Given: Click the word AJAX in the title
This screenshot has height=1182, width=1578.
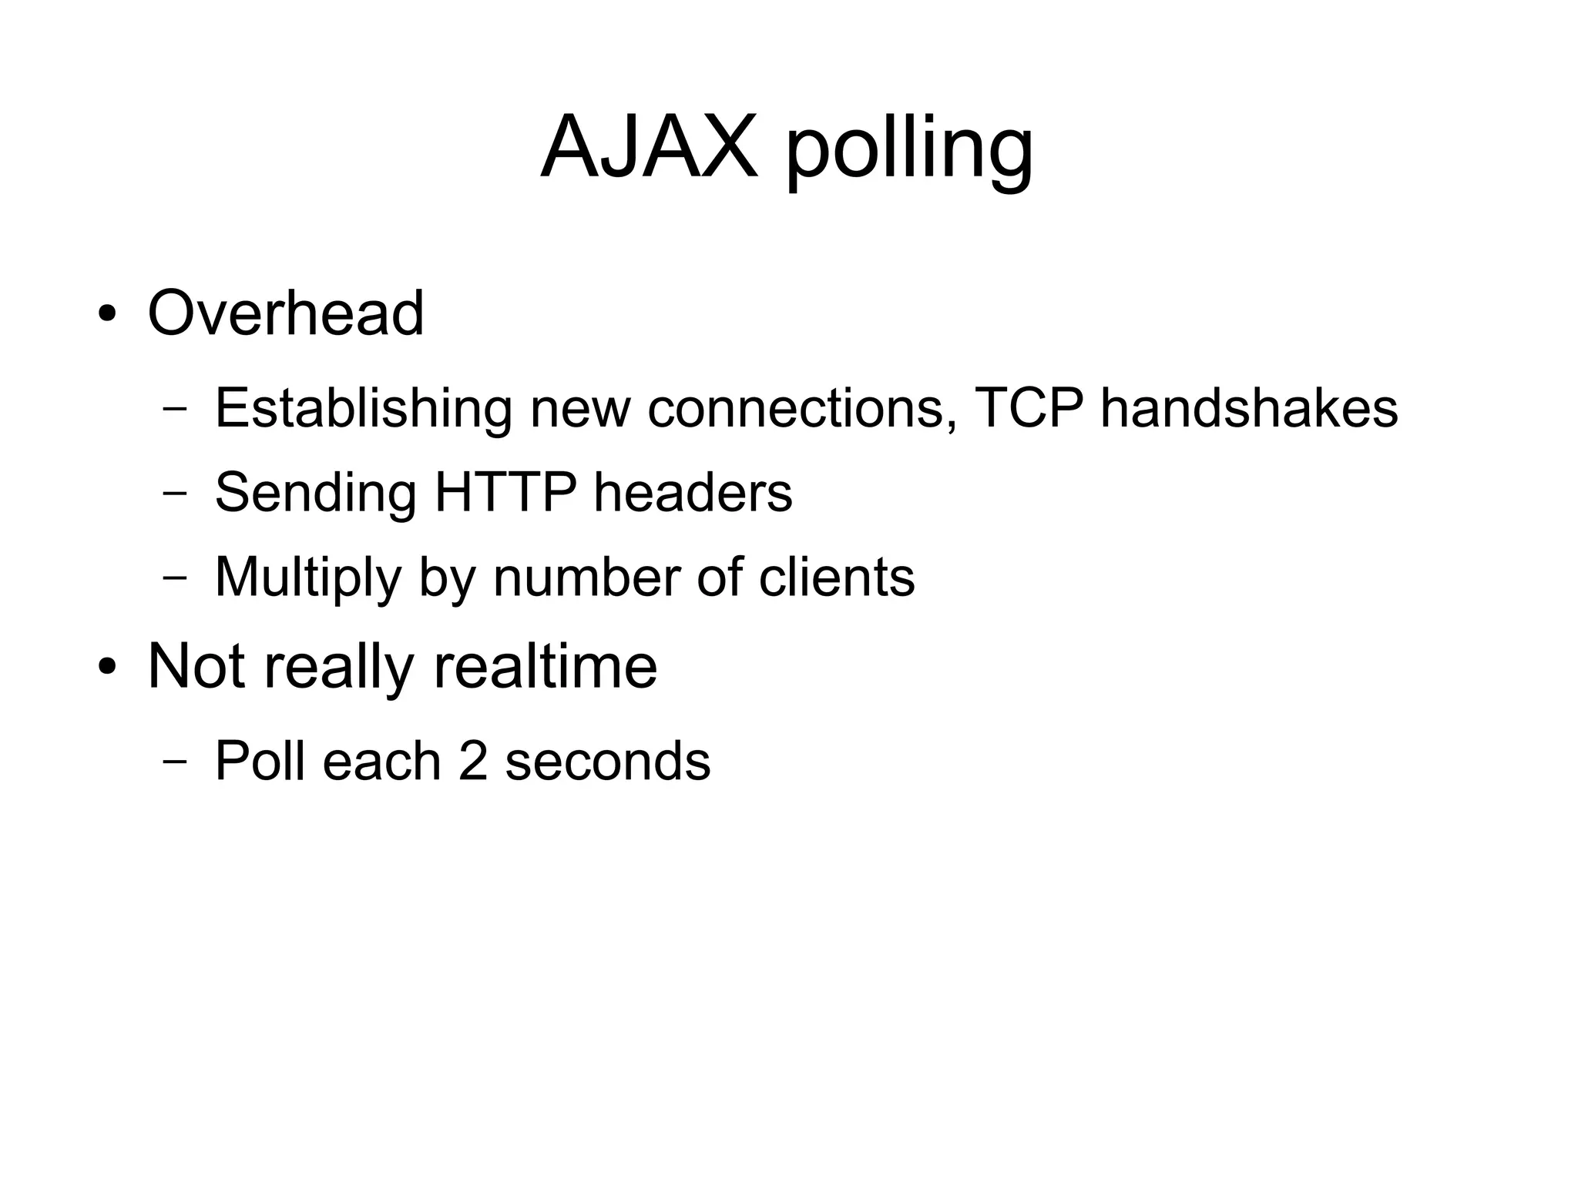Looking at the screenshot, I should [649, 146].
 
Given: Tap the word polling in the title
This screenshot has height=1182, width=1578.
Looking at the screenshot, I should [909, 151].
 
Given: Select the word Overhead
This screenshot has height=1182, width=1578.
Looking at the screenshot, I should [286, 313].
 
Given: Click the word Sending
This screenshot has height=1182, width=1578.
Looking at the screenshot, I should [315, 493].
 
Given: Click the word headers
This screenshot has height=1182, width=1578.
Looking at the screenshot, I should [693, 493].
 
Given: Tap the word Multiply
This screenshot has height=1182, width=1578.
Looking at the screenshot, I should [307, 578].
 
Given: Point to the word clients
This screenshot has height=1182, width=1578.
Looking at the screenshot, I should [838, 577].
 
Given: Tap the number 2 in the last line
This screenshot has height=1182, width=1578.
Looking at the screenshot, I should [473, 761].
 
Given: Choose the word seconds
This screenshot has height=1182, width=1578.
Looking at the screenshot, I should [608, 761].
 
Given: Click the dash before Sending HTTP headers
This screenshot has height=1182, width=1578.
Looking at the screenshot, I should [175, 494].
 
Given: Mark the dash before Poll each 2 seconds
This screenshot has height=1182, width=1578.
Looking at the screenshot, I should [175, 762].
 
